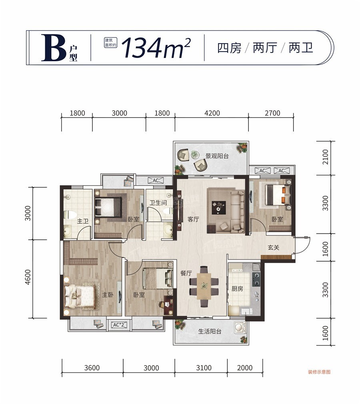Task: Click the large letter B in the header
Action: click(x=54, y=47)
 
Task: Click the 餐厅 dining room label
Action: click(x=186, y=274)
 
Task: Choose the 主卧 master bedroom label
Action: click(x=107, y=295)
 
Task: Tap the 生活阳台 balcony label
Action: click(x=210, y=332)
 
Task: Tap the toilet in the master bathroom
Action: click(x=68, y=216)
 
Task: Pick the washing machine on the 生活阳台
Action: click(x=240, y=328)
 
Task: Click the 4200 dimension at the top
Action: click(x=212, y=113)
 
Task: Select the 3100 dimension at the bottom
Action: click(x=204, y=368)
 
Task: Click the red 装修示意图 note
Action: click(x=319, y=372)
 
